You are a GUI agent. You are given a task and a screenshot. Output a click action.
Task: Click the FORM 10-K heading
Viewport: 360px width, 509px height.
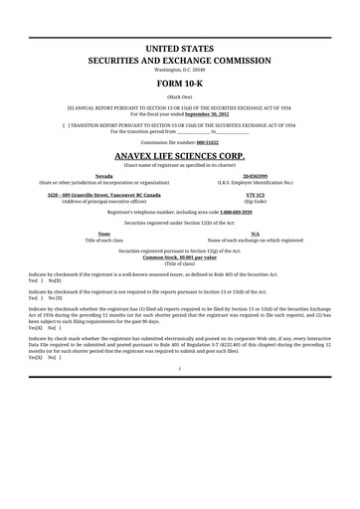(180, 85)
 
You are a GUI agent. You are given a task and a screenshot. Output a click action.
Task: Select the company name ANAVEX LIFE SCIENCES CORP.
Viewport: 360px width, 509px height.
(180, 156)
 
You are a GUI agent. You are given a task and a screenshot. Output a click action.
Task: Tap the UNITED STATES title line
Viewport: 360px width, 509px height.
(180, 49)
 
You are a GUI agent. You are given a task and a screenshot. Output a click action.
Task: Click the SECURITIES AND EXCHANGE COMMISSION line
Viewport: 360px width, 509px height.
(180, 61)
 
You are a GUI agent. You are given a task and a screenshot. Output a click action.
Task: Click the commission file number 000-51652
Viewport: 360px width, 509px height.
(228, 143)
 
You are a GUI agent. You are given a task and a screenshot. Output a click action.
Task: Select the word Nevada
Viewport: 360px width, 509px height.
(103, 176)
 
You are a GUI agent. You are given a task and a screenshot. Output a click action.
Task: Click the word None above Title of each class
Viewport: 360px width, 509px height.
(103, 234)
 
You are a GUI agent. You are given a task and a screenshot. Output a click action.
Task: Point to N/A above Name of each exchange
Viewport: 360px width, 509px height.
(255, 234)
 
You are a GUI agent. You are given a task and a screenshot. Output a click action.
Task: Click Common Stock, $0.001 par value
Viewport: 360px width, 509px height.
(180, 256)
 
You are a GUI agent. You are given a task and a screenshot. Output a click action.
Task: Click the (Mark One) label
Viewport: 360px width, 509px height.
(180, 95)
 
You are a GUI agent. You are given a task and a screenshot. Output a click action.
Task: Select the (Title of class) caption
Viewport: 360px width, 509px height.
(180, 262)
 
